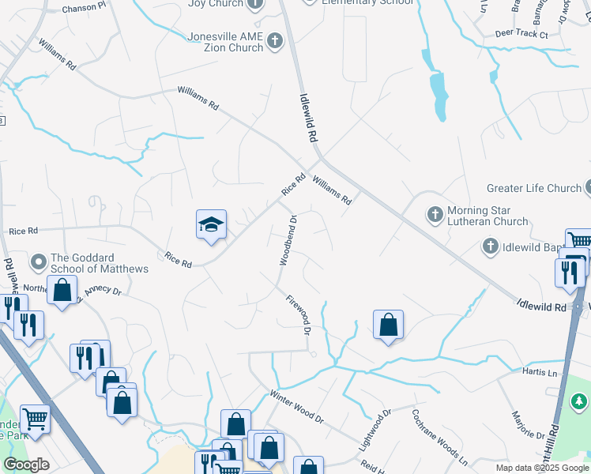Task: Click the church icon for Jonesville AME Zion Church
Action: pyautogui.click(x=274, y=40)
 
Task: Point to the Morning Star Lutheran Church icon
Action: pyautogui.click(x=435, y=215)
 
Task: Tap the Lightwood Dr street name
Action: pyautogui.click(x=375, y=430)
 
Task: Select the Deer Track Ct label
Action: pyautogui.click(x=521, y=35)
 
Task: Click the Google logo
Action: pyautogui.click(x=26, y=465)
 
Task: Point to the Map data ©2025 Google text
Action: pyautogui.click(x=541, y=468)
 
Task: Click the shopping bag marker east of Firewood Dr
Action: pyautogui.click(x=388, y=325)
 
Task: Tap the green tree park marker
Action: pyautogui.click(x=580, y=403)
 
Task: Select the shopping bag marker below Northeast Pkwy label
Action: pyautogui.click(x=62, y=290)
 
